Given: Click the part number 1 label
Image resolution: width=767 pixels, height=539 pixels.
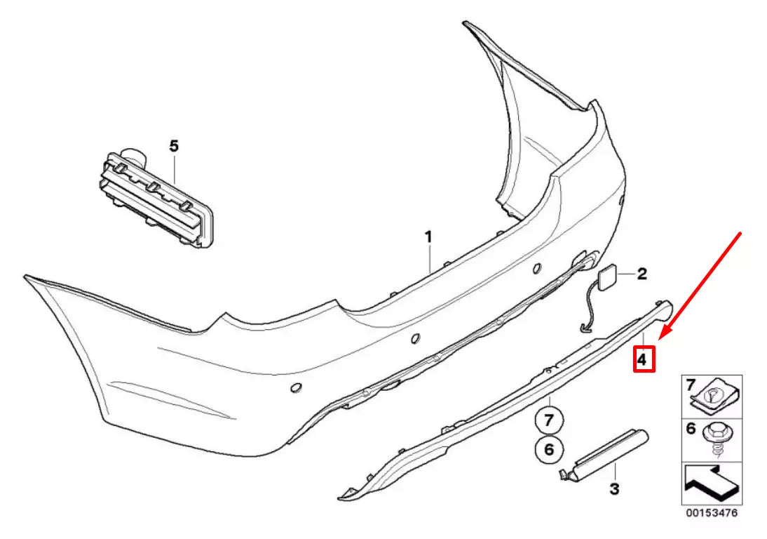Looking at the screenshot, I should [x=428, y=237].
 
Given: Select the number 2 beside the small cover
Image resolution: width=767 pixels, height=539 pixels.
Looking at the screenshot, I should [x=642, y=274].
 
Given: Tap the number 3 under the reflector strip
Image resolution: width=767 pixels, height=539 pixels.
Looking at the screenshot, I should [x=614, y=488].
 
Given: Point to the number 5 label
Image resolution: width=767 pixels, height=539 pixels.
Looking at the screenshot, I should [x=174, y=146].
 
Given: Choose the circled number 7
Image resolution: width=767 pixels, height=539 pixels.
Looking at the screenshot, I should [x=549, y=421].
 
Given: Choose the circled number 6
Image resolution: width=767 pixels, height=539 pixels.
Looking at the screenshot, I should [x=549, y=448].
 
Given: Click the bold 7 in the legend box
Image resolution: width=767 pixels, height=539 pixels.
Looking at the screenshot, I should [x=690, y=385].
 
